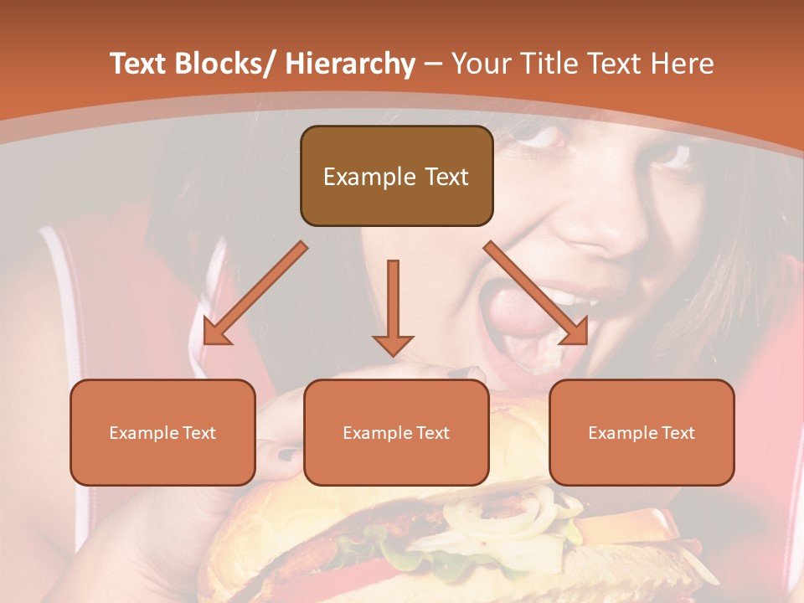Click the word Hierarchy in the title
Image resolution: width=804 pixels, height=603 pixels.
click(349, 64)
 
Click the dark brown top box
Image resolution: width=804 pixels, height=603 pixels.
click(396, 177)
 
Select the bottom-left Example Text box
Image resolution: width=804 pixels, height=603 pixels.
click(162, 433)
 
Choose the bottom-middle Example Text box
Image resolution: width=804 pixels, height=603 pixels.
click(396, 433)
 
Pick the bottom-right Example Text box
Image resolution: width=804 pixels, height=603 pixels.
click(642, 433)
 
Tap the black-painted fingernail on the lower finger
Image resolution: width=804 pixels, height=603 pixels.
click(286, 455)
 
